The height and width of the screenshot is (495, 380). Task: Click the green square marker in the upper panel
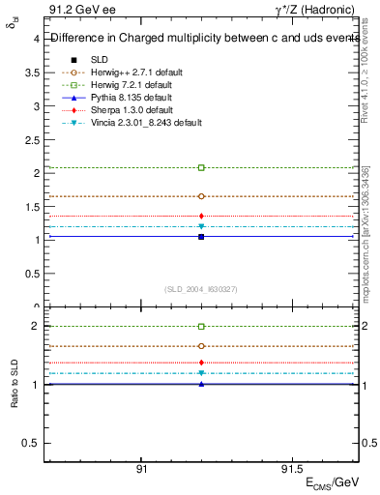click(x=201, y=168)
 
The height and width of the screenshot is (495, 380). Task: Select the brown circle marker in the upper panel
click(x=201, y=196)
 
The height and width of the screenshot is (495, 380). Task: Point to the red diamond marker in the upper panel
click(x=201, y=216)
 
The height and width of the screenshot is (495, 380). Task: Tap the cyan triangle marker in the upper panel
click(x=201, y=227)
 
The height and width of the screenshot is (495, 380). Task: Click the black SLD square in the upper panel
click(x=201, y=237)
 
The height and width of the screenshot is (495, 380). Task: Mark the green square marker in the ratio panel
click(x=201, y=327)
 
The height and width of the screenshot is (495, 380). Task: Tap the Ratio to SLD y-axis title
click(x=15, y=385)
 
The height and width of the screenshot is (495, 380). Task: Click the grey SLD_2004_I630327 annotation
click(x=201, y=289)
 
